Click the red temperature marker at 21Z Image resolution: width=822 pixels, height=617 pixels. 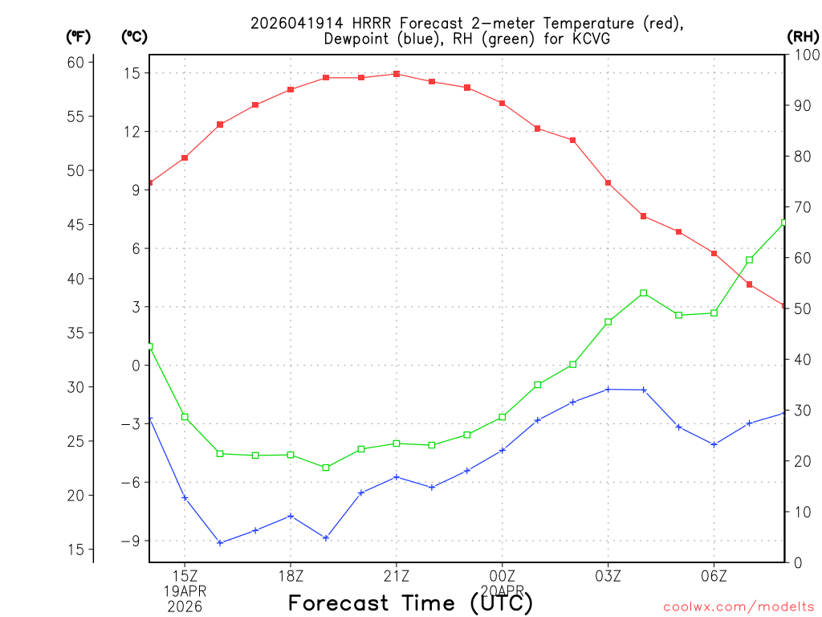click(397, 74)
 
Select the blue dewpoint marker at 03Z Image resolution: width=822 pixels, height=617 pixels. click(608, 389)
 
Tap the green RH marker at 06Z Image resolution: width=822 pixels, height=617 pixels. click(714, 313)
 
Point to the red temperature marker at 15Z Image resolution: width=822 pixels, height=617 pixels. click(185, 157)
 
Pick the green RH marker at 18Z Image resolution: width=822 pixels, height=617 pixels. click(291, 455)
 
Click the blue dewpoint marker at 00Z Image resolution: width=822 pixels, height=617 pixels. click(503, 450)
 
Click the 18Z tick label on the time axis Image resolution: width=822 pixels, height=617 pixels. click(291, 575)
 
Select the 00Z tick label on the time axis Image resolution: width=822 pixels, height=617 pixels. click(503, 575)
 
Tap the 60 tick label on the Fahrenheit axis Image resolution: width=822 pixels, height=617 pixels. click(76, 62)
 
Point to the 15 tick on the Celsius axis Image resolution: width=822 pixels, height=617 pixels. click(132, 73)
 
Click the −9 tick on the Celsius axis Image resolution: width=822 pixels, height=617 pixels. click(130, 541)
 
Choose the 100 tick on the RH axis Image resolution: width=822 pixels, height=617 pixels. click(805, 55)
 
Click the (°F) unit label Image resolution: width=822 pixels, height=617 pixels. click(78, 36)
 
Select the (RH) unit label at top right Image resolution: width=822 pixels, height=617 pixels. click(803, 36)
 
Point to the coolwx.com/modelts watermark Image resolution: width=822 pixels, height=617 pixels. click(739, 607)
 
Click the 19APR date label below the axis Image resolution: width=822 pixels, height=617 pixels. click(185, 590)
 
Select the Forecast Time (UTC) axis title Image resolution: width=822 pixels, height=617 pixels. click(410, 603)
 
